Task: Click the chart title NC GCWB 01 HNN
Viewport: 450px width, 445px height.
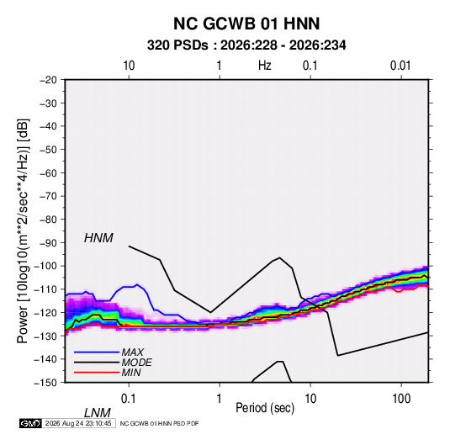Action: (246, 24)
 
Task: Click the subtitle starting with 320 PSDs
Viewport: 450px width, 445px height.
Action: (246, 45)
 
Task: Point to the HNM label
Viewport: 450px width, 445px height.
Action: (98, 238)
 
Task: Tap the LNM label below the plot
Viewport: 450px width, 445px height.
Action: (98, 413)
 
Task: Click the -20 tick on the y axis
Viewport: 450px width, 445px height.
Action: (48, 80)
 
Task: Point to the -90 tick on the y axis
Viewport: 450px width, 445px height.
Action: (48, 242)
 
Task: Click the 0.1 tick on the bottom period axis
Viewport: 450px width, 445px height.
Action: (128, 399)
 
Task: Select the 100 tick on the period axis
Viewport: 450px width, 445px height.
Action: (401, 399)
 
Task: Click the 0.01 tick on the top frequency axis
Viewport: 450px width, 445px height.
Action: (400, 66)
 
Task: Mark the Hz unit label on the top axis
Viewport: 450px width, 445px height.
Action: (265, 66)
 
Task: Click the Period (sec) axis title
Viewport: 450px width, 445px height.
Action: (265, 408)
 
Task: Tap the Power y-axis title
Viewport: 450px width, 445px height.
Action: (23, 231)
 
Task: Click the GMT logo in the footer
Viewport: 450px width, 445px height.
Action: (30, 423)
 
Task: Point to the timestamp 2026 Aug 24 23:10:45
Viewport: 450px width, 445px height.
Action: (78, 423)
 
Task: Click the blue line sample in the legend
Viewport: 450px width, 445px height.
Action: (97, 352)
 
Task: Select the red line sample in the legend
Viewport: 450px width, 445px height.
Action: (97, 373)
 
